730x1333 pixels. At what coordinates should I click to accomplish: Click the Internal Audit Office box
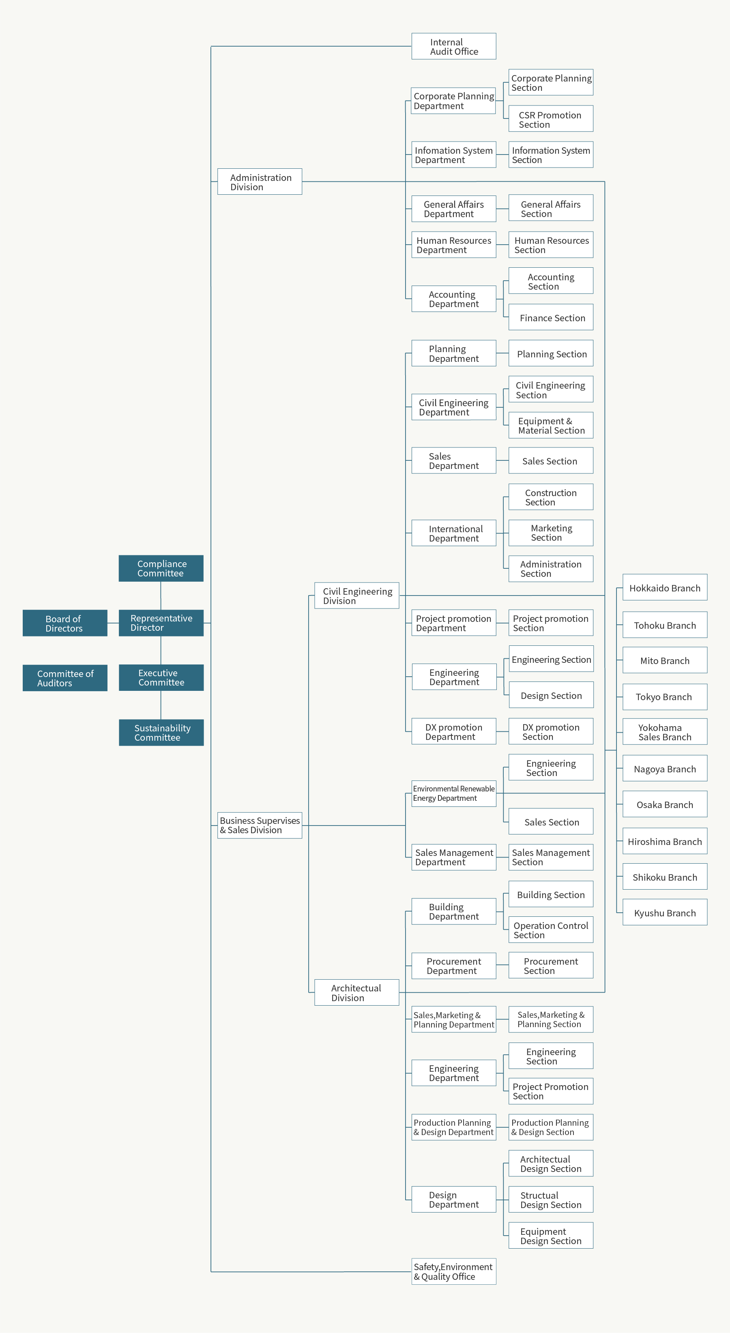pyautogui.click(x=454, y=47)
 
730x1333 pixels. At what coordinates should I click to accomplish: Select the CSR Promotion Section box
pyautogui.click(x=550, y=119)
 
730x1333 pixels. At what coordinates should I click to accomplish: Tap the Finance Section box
pyautogui.click(x=550, y=317)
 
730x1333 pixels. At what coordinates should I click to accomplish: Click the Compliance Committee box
pyautogui.click(x=161, y=568)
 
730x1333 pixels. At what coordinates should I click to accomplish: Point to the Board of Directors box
pyautogui.click(x=64, y=623)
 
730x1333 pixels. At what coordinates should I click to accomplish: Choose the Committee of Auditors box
pyautogui.click(x=64, y=678)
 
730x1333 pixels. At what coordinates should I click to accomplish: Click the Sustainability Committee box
pyautogui.click(x=161, y=733)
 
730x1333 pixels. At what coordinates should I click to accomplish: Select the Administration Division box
pyautogui.click(x=260, y=182)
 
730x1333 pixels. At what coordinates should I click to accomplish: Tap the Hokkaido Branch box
pyautogui.click(x=665, y=587)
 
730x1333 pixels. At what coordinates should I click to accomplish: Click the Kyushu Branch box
pyautogui.click(x=665, y=912)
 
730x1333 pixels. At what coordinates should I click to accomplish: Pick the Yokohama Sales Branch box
pyautogui.click(x=665, y=732)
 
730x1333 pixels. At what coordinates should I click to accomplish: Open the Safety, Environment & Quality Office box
pyautogui.click(x=454, y=1271)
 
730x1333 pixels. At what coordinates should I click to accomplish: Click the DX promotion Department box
pyautogui.click(x=454, y=731)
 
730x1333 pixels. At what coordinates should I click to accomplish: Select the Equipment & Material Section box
pyautogui.click(x=550, y=426)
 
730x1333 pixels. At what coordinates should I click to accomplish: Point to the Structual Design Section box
pyautogui.click(x=550, y=1200)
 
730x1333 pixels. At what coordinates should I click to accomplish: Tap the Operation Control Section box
pyautogui.click(x=550, y=930)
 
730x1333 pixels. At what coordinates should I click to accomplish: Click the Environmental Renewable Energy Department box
pyautogui.click(x=454, y=793)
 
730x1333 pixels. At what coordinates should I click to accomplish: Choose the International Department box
pyautogui.click(x=454, y=533)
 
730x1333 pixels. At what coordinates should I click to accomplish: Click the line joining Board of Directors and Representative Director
pyautogui.click(x=113, y=623)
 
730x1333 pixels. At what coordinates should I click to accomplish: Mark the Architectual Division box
pyautogui.click(x=356, y=993)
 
